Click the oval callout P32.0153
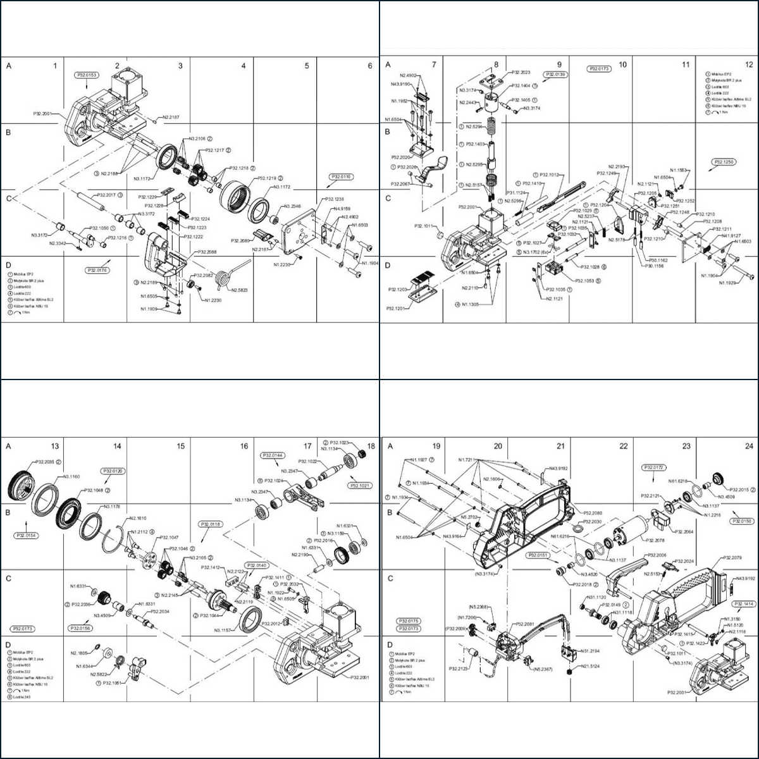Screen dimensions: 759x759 [88, 75]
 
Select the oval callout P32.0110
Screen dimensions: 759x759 [341, 177]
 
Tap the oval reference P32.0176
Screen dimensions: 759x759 [97, 270]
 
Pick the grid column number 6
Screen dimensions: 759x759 [370, 65]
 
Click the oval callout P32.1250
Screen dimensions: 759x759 [724, 162]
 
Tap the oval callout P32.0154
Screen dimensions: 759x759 [25, 535]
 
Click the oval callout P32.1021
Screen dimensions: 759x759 [361, 485]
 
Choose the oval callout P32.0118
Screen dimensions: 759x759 [211, 524]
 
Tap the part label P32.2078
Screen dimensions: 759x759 [655, 540]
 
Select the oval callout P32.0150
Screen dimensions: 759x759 [742, 521]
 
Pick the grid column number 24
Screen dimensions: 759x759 [749, 446]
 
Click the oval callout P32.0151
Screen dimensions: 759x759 [538, 555]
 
